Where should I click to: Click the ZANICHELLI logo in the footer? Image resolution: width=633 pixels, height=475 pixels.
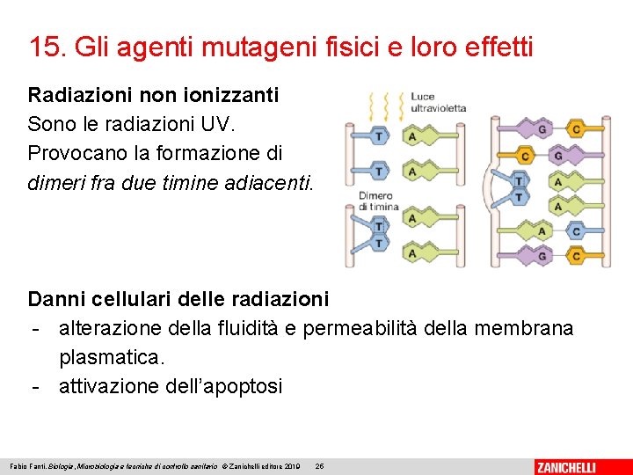point(578,466)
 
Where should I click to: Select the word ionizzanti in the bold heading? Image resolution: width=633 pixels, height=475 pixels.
point(232,94)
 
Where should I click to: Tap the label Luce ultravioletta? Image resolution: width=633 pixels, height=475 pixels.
point(437,102)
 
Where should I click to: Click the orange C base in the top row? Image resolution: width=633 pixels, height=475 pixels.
point(576,130)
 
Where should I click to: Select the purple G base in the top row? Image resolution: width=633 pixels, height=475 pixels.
point(542,130)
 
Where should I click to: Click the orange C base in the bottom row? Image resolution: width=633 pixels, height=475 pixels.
point(576,256)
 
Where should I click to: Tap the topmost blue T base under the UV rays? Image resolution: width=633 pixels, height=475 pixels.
point(378,136)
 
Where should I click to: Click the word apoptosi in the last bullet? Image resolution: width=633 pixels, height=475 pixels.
point(240,386)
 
